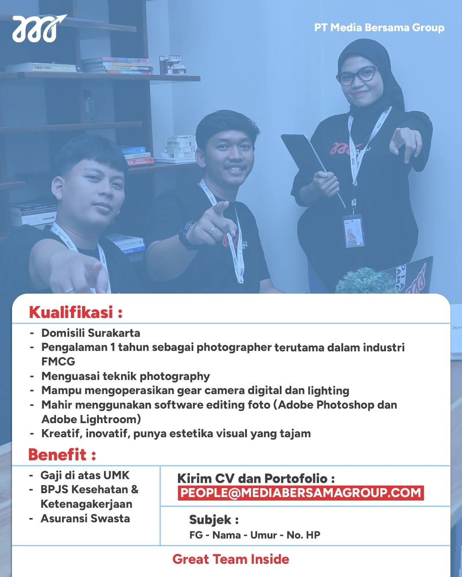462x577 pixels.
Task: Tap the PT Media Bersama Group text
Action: pyautogui.click(x=379, y=28)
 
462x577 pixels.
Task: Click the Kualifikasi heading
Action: pyautogui.click(x=76, y=312)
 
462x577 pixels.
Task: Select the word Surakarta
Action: pyautogui.click(x=114, y=333)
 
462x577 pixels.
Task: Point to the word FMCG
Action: pyautogui.click(x=58, y=362)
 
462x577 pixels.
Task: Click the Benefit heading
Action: pyautogui.click(x=62, y=455)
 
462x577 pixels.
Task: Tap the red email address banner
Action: pyautogui.click(x=301, y=493)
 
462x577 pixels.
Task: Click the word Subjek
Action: pyautogui.click(x=210, y=520)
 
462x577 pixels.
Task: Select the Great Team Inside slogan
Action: pyautogui.click(x=231, y=559)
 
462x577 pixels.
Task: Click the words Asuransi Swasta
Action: pyautogui.click(x=85, y=518)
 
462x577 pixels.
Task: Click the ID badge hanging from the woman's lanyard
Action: pyautogui.click(x=353, y=231)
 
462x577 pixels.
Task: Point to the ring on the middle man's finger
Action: pyautogui.click(x=212, y=230)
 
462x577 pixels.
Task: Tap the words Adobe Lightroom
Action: pyautogui.click(x=91, y=419)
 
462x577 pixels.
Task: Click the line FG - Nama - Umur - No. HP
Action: pyautogui.click(x=255, y=535)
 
